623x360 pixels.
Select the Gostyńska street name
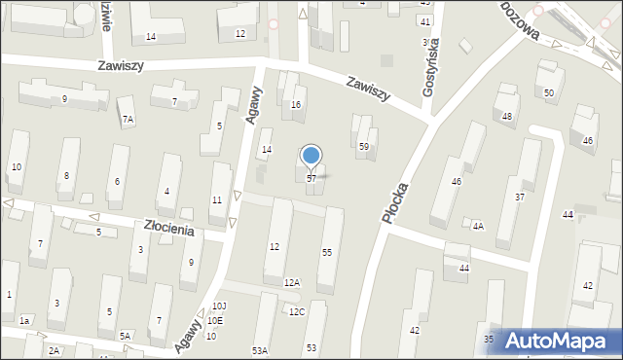click(x=428, y=67)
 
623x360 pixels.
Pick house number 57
click(x=311, y=179)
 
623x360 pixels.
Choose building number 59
click(x=364, y=147)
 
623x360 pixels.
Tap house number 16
click(x=296, y=104)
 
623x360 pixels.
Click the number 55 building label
click(x=327, y=253)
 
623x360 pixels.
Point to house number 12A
click(x=292, y=282)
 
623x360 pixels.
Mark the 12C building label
click(x=296, y=311)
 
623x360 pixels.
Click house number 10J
click(x=219, y=306)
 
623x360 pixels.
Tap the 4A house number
click(x=478, y=226)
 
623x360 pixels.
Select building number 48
click(x=507, y=116)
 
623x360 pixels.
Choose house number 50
click(x=549, y=92)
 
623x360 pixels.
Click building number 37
click(x=520, y=198)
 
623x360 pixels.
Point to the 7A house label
click(x=128, y=120)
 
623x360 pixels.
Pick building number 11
click(x=216, y=199)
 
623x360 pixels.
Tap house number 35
click(x=489, y=340)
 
